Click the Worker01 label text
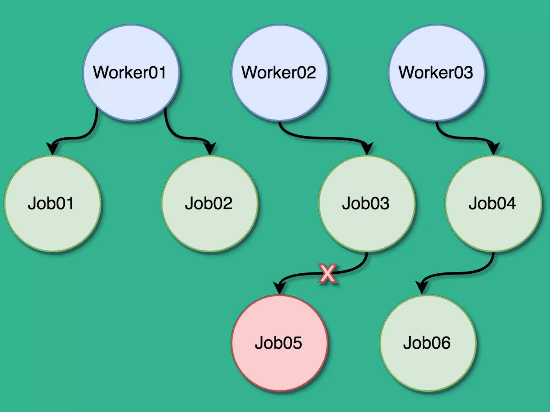[129, 72]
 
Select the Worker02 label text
[278, 72]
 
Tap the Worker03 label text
[436, 72]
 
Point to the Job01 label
[51, 203]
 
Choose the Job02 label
[209, 203]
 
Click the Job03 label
[366, 203]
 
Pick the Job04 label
[492, 203]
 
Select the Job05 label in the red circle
[278, 343]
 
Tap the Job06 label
[427, 343]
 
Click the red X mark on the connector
[327, 273]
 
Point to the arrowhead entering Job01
[53, 148]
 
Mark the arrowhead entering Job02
[210, 148]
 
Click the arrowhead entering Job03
[367, 148]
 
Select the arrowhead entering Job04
[494, 148]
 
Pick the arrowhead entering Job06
[422, 288]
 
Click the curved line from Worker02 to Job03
[322, 138]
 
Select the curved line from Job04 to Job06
[462, 273]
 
